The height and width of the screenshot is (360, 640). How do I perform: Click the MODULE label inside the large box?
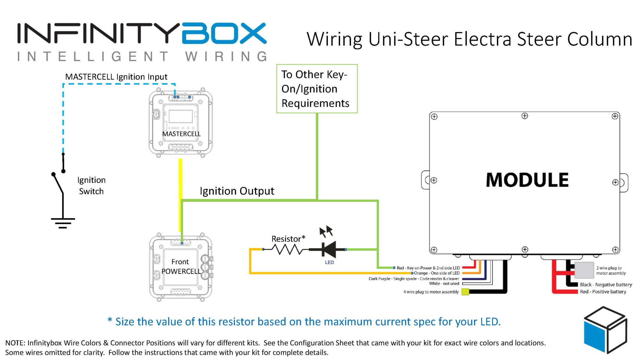(527, 180)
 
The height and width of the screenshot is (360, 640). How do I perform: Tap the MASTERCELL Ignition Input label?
(116, 77)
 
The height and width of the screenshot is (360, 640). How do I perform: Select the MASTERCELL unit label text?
(181, 134)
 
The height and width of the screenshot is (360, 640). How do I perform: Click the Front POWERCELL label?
(181, 267)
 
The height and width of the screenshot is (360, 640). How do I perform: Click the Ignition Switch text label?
(91, 186)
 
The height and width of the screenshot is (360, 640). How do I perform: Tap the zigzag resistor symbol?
(286, 249)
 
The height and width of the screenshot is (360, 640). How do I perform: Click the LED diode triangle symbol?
(329, 249)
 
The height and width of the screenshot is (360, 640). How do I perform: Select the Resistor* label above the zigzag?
(288, 239)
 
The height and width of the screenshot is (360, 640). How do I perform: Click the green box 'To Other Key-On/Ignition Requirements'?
(317, 89)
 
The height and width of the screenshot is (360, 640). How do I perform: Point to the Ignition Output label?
(237, 191)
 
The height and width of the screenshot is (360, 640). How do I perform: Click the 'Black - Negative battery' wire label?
(606, 285)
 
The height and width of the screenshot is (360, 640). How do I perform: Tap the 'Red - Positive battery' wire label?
(603, 292)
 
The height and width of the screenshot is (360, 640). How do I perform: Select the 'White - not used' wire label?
(444, 283)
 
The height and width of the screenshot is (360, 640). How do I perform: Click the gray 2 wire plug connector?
(584, 270)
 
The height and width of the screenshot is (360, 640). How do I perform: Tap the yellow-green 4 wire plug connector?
(465, 292)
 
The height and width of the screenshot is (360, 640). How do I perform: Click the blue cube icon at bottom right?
(605, 330)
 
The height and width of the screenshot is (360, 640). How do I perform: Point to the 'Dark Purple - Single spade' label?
(413, 278)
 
